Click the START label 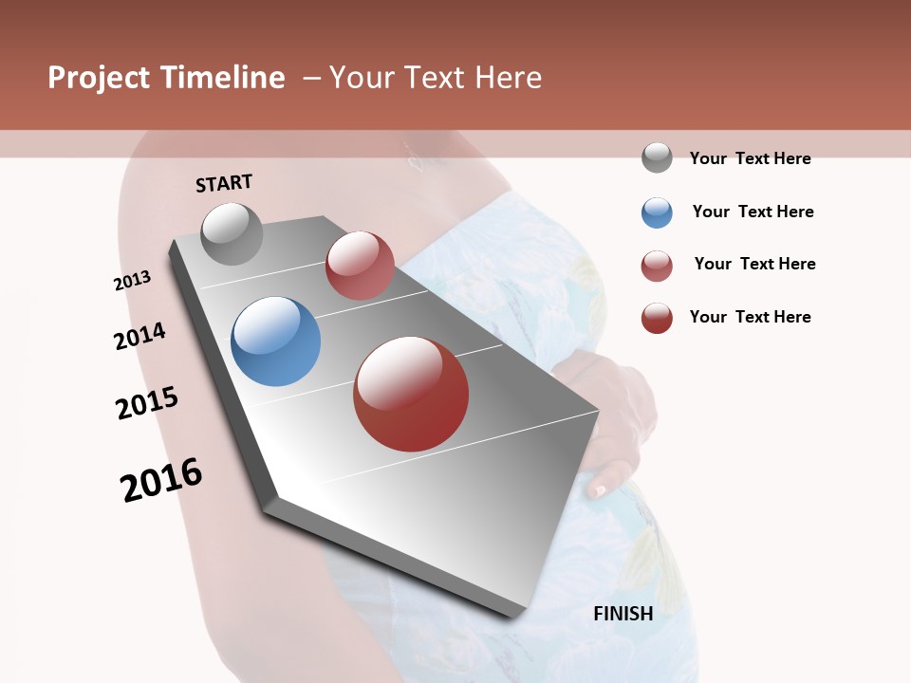[224, 183]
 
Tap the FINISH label [623, 614]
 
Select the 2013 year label [132, 281]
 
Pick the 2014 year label [139, 337]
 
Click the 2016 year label [161, 480]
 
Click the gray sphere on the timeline [232, 233]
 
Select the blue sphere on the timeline [276, 341]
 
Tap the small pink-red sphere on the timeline [360, 266]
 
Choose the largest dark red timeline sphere [411, 394]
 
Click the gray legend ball [657, 158]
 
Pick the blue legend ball [657, 212]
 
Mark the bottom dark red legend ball [657, 318]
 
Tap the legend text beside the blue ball [753, 212]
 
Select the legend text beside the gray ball [750, 158]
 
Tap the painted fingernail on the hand [598, 490]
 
